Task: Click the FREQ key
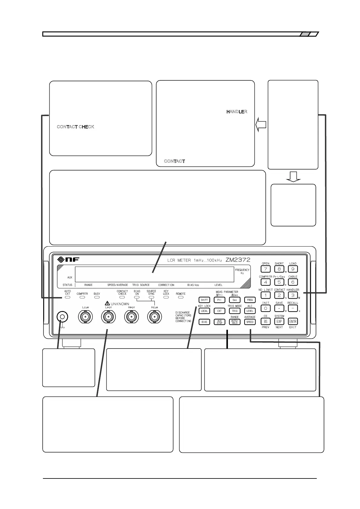pyautogui.click(x=250, y=300)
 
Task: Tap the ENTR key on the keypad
pyautogui.click(x=293, y=321)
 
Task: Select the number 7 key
pyautogui.click(x=265, y=269)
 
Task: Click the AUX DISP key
pyautogui.click(x=219, y=322)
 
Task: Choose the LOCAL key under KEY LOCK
pyautogui.click(x=204, y=311)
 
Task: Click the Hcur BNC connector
pyautogui.click(x=154, y=317)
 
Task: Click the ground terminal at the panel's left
pyautogui.click(x=62, y=317)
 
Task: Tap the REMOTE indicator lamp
pyautogui.click(x=180, y=297)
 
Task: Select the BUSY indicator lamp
pyautogui.click(x=97, y=297)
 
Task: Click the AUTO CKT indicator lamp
pyautogui.click(x=67, y=297)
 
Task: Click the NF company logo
pyautogui.click(x=68, y=260)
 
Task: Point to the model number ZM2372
pyautogui.click(x=238, y=260)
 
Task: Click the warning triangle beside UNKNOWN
pyautogui.click(x=107, y=303)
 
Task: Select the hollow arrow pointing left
pyautogui.click(x=261, y=125)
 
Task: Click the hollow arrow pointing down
pyautogui.click(x=293, y=176)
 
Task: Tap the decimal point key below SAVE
pyautogui.click(x=279, y=308)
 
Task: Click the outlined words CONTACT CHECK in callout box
pyautogui.click(x=76, y=127)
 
